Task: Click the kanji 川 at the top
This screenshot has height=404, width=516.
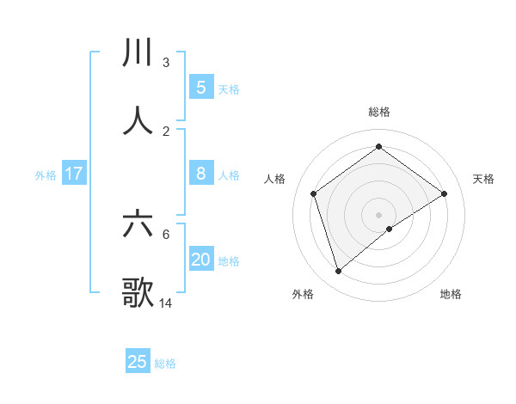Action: tap(138, 52)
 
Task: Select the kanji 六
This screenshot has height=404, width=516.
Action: tap(138, 224)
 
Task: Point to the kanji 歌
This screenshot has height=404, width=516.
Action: tap(138, 292)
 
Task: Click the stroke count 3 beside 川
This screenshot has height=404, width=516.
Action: tap(166, 63)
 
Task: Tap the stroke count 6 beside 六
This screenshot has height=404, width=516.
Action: tap(166, 234)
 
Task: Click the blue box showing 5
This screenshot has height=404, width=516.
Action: tap(200, 87)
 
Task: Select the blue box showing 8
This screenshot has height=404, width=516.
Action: tap(200, 174)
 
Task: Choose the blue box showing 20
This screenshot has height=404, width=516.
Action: tap(200, 260)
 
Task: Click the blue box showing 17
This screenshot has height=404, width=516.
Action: tap(74, 174)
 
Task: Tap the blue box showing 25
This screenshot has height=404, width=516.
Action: tap(138, 362)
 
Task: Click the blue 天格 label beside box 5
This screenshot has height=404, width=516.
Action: tap(229, 89)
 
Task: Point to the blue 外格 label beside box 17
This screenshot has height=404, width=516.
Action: tap(46, 174)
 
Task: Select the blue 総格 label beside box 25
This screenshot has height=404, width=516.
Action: tap(165, 363)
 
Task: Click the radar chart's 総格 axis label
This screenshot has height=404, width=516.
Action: tap(379, 112)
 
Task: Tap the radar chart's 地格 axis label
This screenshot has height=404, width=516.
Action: tap(451, 294)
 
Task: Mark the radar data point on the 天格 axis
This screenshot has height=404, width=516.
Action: tap(445, 193)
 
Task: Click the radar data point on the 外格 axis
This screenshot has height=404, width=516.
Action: tap(339, 271)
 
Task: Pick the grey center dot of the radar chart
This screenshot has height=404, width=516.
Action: tap(379, 214)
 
